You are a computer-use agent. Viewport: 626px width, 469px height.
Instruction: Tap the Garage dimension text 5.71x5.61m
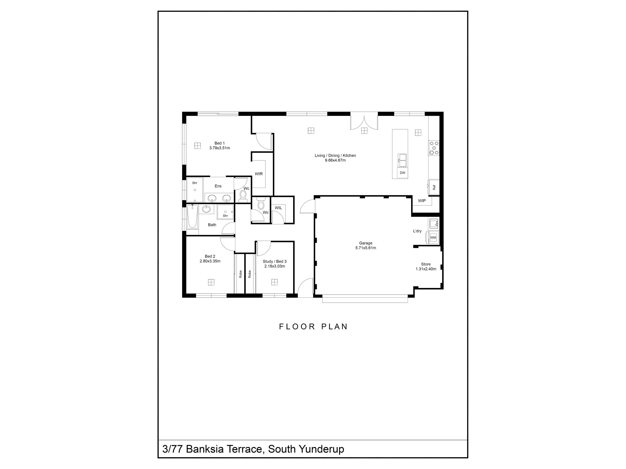pyautogui.click(x=366, y=248)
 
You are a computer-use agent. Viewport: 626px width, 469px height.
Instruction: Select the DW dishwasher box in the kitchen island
pyautogui.click(x=402, y=173)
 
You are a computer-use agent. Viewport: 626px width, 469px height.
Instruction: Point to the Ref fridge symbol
pyautogui.click(x=434, y=187)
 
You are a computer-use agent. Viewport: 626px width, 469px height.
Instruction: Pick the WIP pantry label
pyautogui.click(x=422, y=201)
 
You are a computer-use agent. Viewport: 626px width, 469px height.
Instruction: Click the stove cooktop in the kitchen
pyautogui.click(x=434, y=148)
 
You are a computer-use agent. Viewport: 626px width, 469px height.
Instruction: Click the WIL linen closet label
pyautogui.click(x=278, y=208)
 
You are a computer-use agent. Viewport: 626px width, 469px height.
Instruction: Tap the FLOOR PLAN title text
pyautogui.click(x=313, y=327)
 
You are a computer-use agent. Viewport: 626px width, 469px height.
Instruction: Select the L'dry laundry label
pyautogui.click(x=417, y=231)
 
